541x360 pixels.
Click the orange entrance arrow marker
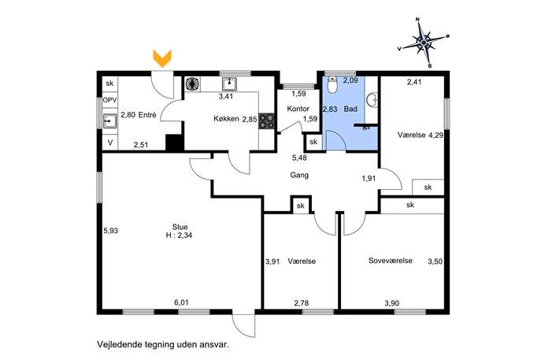pyautogui.click(x=162, y=58)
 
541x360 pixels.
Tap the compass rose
pyautogui.click(x=424, y=42)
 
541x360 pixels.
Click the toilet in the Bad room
pyautogui.click(x=332, y=85)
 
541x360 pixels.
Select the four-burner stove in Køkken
pyautogui.click(x=266, y=121)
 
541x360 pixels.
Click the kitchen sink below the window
pyautogui.click(x=229, y=84)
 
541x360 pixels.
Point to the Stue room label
pyautogui.click(x=180, y=227)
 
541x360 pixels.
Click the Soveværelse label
pyautogui.click(x=391, y=261)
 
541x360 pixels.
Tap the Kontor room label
pyautogui.click(x=298, y=109)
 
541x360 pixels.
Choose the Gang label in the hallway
pyautogui.click(x=299, y=175)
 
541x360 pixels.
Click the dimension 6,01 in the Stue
pyautogui.click(x=181, y=302)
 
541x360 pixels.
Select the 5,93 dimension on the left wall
pyautogui.click(x=111, y=230)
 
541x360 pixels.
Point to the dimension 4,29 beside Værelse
pyautogui.click(x=435, y=135)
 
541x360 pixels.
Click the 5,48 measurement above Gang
pyautogui.click(x=299, y=158)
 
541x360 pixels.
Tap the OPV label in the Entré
pyautogui.click(x=109, y=100)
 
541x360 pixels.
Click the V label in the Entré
pyautogui.click(x=110, y=142)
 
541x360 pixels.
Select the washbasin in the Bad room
pyautogui.click(x=372, y=100)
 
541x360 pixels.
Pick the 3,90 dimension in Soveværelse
pyautogui.click(x=392, y=303)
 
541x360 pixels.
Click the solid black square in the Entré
pyautogui.click(x=174, y=143)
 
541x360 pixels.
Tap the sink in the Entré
pyautogui.click(x=110, y=121)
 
